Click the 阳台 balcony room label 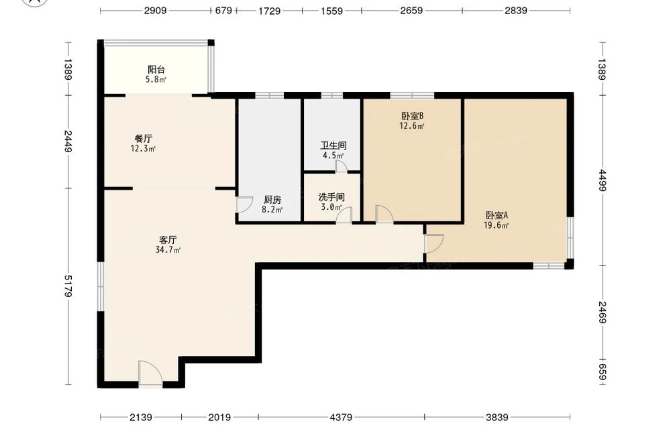(x=156, y=69)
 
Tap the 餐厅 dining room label (x=144, y=139)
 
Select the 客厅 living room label (x=168, y=240)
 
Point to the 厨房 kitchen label (x=272, y=200)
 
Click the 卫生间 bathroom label (x=333, y=145)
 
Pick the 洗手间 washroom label (x=331, y=197)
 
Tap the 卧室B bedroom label (x=412, y=116)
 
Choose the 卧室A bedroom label (x=497, y=215)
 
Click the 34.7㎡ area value (x=168, y=250)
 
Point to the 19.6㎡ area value (x=497, y=225)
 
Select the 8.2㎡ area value (x=272, y=210)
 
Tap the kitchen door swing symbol (x=245, y=204)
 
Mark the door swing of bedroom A (x=434, y=243)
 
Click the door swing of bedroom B (x=384, y=214)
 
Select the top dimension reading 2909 (x=156, y=10)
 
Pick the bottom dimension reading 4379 (x=342, y=417)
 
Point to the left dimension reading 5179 (x=68, y=286)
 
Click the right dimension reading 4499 (x=603, y=180)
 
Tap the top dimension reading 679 (x=223, y=10)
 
